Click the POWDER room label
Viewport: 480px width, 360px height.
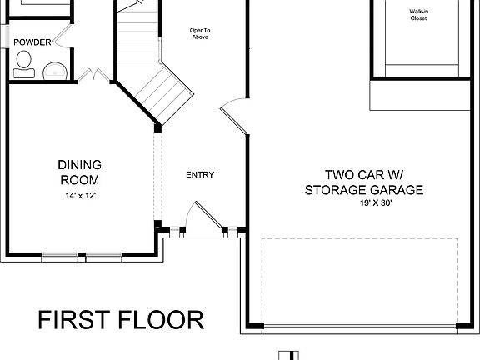click(31, 42)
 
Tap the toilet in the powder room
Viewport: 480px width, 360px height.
click(23, 61)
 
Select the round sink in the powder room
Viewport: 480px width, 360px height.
click(56, 70)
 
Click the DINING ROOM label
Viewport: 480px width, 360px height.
click(79, 172)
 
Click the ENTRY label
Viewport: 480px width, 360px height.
click(200, 175)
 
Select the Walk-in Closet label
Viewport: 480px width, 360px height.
click(419, 15)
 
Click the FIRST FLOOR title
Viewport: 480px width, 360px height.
click(121, 320)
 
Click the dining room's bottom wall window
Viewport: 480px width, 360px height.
click(82, 257)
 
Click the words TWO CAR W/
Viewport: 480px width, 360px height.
click(364, 175)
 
